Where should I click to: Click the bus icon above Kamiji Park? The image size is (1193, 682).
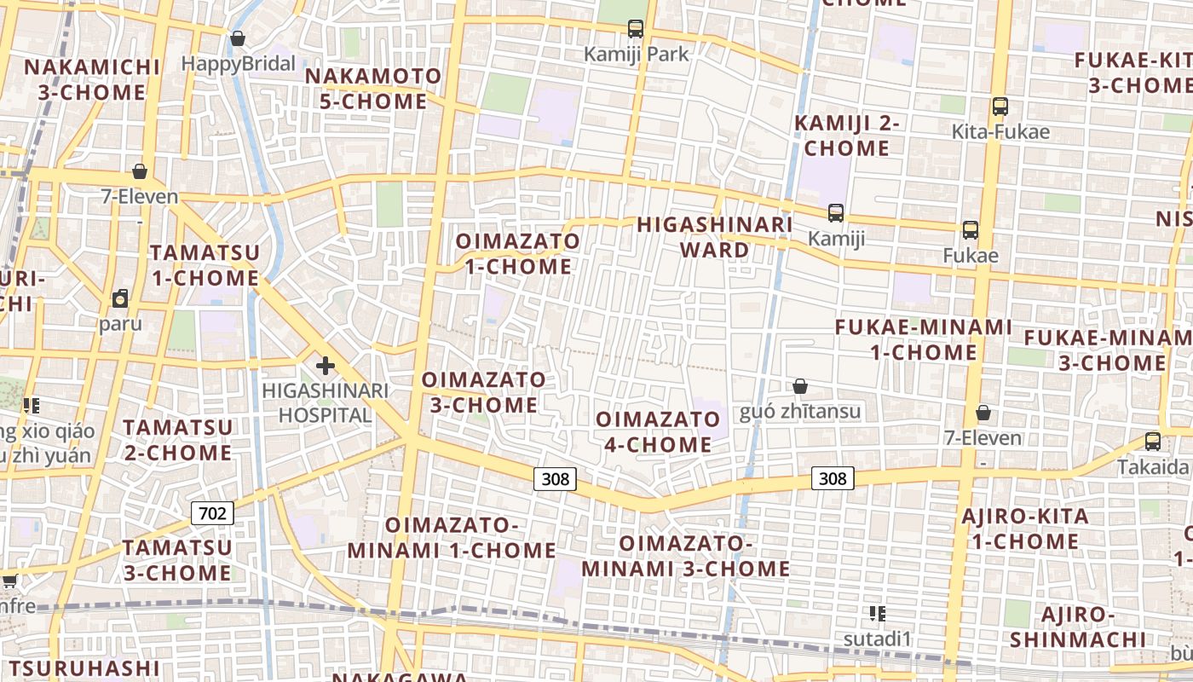636,29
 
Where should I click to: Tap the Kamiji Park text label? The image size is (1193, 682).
636,54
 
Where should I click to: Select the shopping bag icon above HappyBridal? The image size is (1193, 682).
238,38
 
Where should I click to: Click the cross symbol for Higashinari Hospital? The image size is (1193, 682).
325,366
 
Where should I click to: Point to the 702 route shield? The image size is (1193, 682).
212,513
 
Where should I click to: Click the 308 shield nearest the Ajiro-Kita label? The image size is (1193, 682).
833,478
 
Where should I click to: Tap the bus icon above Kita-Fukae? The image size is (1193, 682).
1000,107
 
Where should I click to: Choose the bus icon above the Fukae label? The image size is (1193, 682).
971,229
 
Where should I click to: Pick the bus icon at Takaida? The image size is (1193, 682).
1153,441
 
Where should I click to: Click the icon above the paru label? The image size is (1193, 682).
120,298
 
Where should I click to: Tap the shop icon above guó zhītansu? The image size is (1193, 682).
800,387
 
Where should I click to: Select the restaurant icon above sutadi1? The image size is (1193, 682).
878,613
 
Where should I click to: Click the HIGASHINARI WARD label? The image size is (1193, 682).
715,237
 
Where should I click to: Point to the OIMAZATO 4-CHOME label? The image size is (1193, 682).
658,431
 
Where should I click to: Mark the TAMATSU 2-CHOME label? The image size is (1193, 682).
177,439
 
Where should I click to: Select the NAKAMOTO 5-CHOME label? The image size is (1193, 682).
373,89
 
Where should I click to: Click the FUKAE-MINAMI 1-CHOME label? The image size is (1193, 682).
924,339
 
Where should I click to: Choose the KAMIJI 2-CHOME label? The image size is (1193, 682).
847,136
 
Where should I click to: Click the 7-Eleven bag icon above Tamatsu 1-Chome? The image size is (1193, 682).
140,171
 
